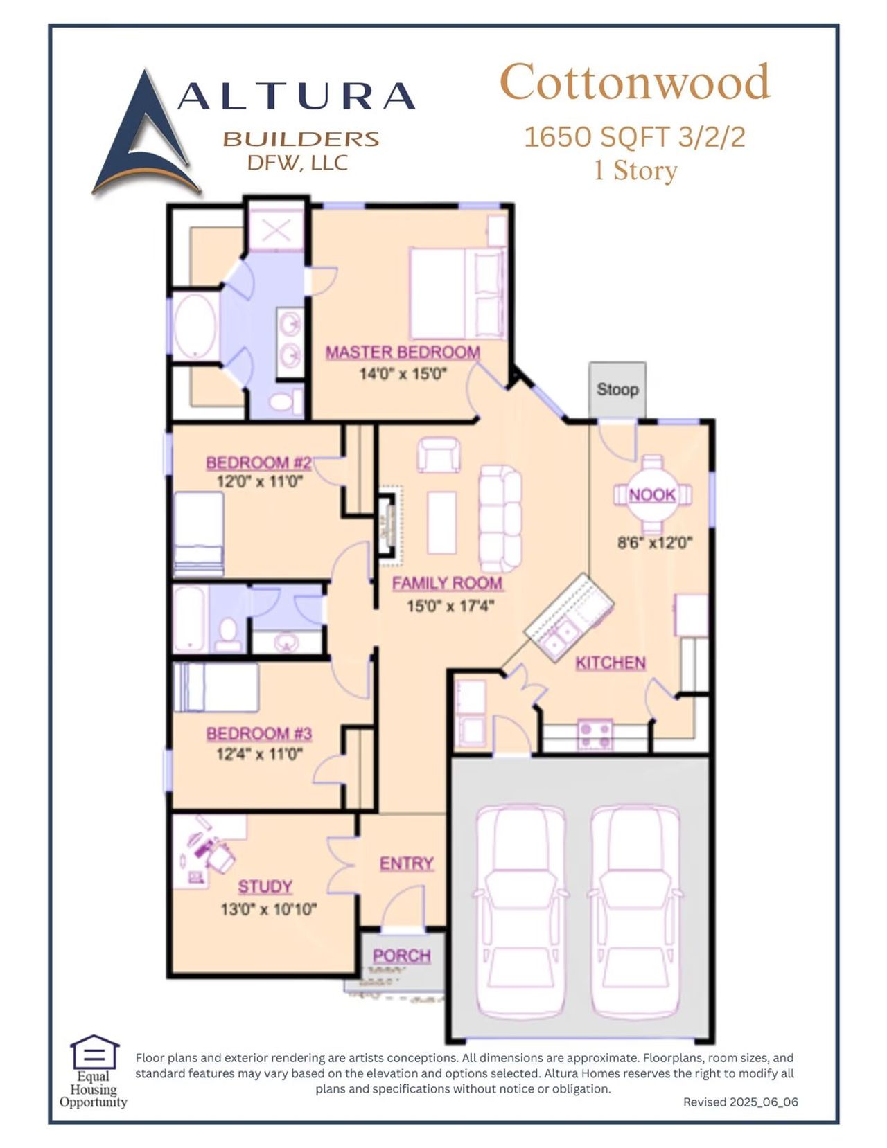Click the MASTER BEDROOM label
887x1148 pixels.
[403, 352]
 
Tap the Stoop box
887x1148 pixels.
[617, 389]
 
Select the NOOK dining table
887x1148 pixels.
[652, 494]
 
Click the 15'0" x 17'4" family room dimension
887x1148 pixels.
[450, 606]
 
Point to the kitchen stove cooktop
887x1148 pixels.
[595, 735]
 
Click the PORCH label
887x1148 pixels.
[402, 956]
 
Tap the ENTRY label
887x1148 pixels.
[407, 863]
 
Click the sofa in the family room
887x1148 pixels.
[500, 516]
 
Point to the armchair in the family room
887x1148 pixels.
[438, 454]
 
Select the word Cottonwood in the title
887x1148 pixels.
[634, 82]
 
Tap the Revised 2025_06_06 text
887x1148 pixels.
[740, 1102]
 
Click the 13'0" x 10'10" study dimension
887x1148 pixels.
[268, 909]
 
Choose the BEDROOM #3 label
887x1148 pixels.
[259, 733]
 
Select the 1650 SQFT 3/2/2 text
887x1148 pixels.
[634, 137]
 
